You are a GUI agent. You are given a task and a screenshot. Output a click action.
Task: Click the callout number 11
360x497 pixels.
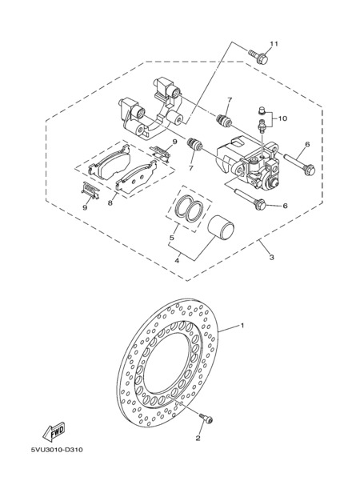(x=274, y=44)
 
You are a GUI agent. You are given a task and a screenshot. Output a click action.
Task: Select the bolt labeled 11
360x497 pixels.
(x=258, y=56)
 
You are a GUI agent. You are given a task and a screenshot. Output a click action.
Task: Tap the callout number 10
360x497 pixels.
(x=282, y=118)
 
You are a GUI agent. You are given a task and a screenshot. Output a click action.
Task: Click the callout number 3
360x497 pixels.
(x=271, y=258)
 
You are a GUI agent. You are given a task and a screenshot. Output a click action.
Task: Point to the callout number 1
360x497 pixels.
(x=242, y=326)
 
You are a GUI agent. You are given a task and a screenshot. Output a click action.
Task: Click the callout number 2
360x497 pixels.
(x=198, y=439)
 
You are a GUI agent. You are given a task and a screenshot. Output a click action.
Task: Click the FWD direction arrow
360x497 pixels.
(x=54, y=431)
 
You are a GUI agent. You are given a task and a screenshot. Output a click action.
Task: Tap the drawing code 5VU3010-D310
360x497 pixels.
(x=57, y=450)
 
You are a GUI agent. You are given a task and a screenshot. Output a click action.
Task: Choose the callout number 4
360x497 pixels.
(x=177, y=261)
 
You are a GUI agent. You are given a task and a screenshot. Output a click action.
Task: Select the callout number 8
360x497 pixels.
(x=110, y=202)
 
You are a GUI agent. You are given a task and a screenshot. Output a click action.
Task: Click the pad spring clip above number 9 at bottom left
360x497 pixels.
(x=90, y=190)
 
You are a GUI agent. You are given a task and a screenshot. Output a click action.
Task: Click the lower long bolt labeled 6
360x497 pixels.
(x=250, y=198)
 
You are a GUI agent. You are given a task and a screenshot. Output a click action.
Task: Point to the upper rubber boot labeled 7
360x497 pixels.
(x=224, y=120)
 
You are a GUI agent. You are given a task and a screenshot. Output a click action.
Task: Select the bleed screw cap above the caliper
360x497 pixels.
(x=261, y=110)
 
